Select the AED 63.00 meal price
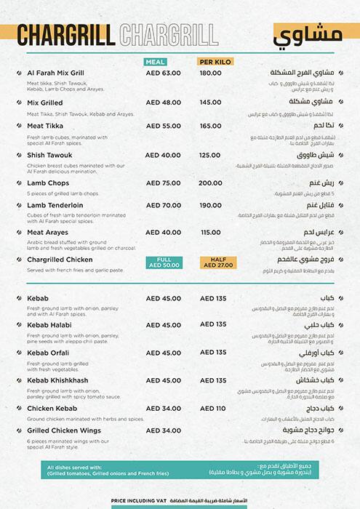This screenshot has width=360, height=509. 163,73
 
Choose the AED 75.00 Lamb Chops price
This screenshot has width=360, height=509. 163,183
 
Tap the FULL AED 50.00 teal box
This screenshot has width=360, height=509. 163,262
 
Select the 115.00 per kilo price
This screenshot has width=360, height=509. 210,233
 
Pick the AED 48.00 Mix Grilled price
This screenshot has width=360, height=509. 163,103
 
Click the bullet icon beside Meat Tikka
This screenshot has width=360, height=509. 17,126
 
